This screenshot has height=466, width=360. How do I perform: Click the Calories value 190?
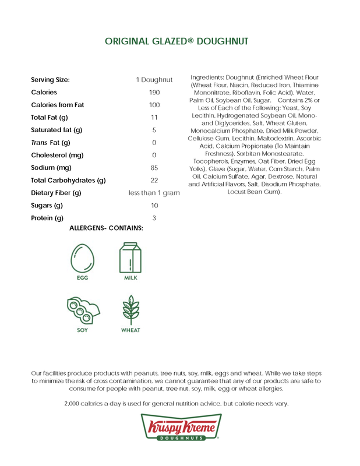click(x=154, y=93)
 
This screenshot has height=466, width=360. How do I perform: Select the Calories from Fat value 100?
click(x=154, y=105)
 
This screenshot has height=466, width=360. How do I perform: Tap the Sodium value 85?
click(x=154, y=168)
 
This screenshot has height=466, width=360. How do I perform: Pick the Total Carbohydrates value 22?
click(x=154, y=181)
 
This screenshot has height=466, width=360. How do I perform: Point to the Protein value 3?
click(x=154, y=218)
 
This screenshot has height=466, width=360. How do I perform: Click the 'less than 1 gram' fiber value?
click(x=154, y=193)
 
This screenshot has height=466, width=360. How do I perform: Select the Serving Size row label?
click(x=50, y=80)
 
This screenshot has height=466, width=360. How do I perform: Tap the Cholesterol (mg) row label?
click(x=58, y=156)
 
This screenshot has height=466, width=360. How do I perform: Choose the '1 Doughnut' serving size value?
click(x=154, y=80)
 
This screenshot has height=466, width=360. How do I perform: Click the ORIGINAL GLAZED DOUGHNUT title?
click(x=177, y=41)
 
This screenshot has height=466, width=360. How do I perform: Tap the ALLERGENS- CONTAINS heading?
click(x=106, y=228)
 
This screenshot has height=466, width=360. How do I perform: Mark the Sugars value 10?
click(x=154, y=206)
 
